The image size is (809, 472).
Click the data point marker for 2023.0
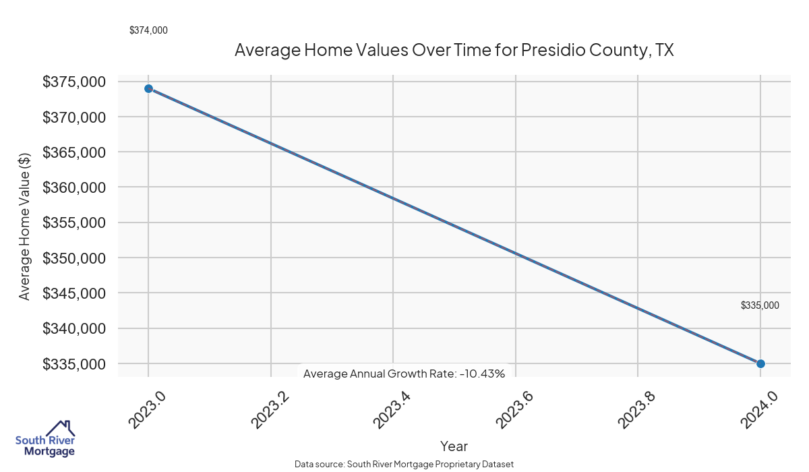148,88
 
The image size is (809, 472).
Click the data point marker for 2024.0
760,363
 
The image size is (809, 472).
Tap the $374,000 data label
148,30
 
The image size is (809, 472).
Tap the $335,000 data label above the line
760,305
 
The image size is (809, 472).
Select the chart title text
454,51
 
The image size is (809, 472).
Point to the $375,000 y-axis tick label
74,82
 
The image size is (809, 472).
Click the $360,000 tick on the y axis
74,187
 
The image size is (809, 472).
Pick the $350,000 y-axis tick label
74,258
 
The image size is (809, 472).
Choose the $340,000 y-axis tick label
74,328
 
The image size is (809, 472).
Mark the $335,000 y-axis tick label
74,364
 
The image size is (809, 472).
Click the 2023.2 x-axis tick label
270,409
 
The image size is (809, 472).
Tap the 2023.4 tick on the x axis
393,409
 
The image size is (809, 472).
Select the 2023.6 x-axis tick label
516,409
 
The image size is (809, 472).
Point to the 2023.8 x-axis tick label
638,409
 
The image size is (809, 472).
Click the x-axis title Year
454,446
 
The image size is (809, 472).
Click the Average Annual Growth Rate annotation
404,374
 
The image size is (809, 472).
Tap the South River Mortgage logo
45,440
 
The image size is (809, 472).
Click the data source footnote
404,465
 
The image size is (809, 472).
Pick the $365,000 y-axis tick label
74,152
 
